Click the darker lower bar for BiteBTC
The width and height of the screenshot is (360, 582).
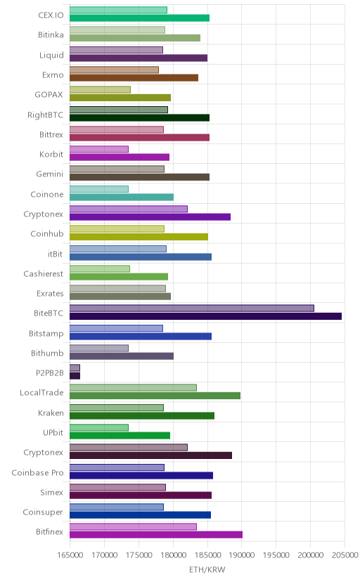[205, 316]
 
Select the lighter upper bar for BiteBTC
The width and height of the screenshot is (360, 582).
[192, 308]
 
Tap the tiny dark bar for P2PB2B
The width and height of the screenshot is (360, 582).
[75, 376]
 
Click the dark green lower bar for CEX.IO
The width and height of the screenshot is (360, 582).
[139, 18]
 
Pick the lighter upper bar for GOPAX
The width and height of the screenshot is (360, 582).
[101, 89]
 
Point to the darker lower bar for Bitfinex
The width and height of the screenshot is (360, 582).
[156, 534]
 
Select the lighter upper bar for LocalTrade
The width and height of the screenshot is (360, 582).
[133, 387]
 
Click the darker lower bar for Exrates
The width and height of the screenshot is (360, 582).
[120, 296]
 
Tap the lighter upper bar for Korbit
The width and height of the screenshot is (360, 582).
[99, 149]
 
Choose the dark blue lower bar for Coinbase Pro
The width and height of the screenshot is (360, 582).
[141, 475]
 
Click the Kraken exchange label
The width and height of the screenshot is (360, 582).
[51, 413]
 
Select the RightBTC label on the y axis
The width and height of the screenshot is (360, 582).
[45, 115]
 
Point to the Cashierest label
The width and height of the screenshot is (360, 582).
[44, 273]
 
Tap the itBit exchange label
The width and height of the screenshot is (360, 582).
[56, 254]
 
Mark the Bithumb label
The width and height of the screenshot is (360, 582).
[47, 353]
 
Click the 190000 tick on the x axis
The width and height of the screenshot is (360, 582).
[242, 555]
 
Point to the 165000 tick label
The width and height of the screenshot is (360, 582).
[70, 555]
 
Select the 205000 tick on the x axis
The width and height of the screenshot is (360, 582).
[345, 555]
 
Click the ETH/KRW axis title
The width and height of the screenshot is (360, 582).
[207, 570]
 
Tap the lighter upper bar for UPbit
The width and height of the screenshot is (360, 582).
[99, 427]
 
